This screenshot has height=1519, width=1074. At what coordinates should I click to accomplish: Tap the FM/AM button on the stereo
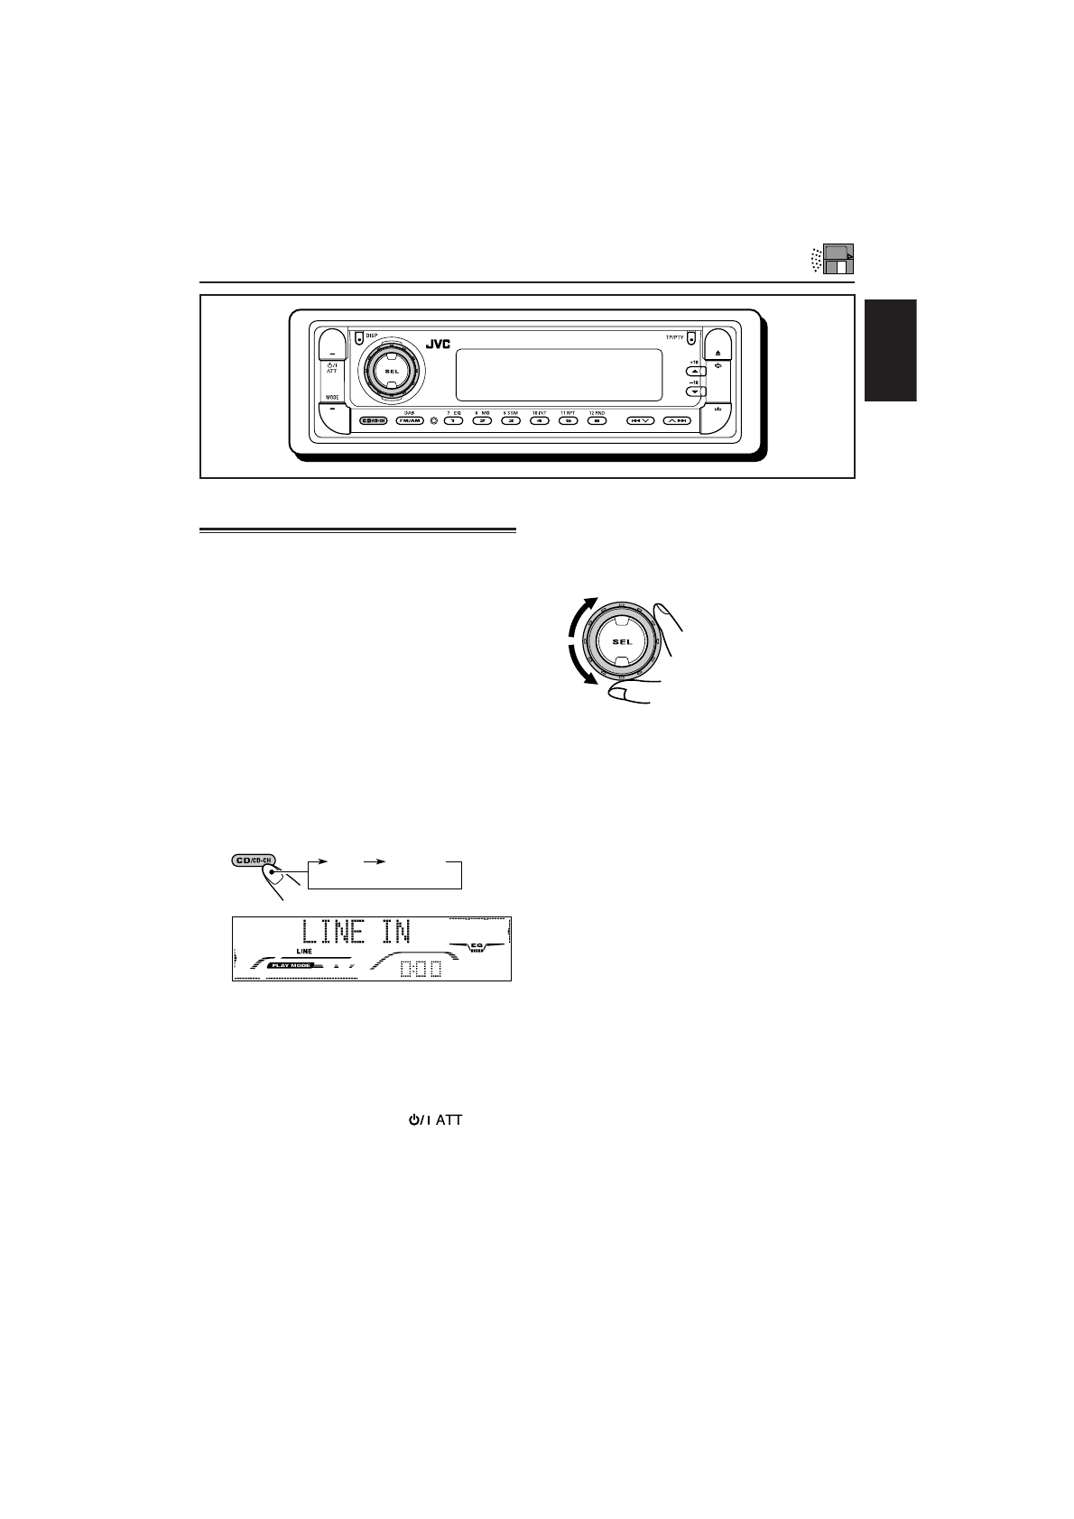tap(409, 421)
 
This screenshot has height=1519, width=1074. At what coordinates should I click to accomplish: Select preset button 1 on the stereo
tap(453, 421)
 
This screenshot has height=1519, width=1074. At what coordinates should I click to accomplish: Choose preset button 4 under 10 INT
tap(539, 421)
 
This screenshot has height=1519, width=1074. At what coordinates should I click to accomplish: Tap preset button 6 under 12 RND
tap(596, 421)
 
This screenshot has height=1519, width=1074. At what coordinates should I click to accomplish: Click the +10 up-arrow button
tap(694, 372)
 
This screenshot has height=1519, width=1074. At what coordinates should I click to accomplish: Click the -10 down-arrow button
tap(694, 391)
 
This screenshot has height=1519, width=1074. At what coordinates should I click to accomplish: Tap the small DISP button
tap(358, 338)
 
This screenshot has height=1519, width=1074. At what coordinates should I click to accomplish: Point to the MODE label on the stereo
tap(331, 398)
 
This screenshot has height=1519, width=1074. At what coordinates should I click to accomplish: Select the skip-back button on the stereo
tap(640, 421)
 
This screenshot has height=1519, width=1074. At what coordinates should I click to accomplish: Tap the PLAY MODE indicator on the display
tap(290, 965)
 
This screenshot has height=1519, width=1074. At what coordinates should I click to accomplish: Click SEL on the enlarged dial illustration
tap(623, 642)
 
